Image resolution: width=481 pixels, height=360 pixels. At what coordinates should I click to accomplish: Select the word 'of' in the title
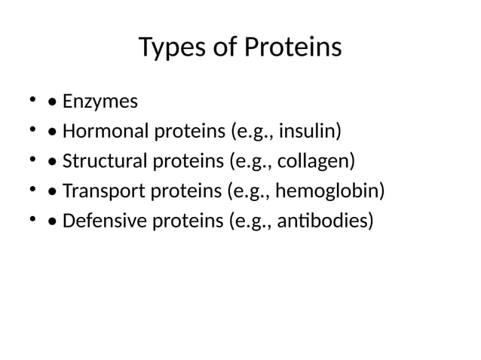223,48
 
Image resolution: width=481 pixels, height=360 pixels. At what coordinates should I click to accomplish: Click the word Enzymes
95,102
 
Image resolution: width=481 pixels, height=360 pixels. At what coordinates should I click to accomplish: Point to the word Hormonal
106,132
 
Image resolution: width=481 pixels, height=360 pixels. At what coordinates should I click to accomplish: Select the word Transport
103,191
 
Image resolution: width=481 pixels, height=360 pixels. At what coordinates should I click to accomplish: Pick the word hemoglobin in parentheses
329,191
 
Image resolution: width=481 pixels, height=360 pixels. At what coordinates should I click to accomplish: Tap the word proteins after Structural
188,162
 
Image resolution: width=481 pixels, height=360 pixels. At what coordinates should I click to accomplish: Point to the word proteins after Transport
185,191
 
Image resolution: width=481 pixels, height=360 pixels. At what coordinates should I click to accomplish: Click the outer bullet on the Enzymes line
32,100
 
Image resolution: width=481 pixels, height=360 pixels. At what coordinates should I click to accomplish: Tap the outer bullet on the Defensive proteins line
32,220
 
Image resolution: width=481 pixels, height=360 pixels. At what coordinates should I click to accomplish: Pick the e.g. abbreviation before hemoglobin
252,191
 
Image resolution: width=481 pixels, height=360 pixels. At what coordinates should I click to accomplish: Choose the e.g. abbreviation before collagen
255,162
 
